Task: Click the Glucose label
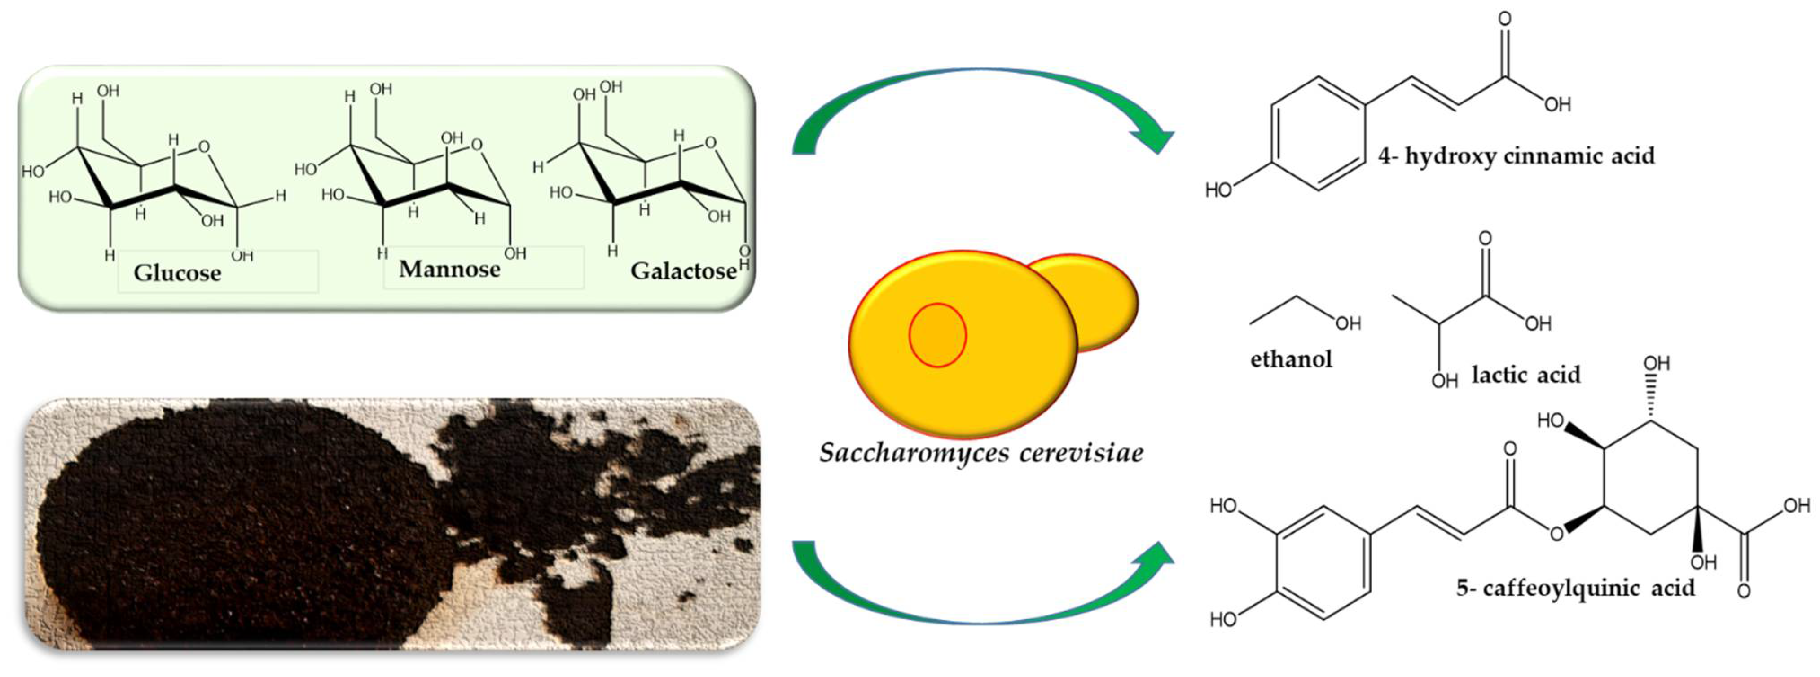(177, 273)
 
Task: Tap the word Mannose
(449, 269)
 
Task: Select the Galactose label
(682, 270)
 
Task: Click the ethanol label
(1291, 359)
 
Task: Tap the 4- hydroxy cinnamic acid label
(1516, 155)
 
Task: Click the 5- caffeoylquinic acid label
(1575, 588)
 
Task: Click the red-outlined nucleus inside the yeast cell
(937, 336)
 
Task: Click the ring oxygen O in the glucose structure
(204, 147)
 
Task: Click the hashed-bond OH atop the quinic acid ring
(1656, 364)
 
